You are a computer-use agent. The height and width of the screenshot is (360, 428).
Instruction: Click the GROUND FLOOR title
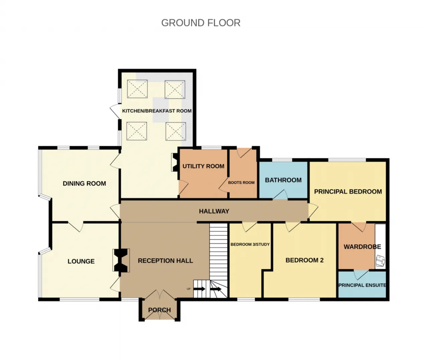tap(201, 23)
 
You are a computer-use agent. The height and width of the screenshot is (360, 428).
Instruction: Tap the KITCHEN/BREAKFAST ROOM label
tap(157, 111)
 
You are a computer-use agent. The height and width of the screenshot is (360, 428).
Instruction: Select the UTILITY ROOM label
tap(203, 166)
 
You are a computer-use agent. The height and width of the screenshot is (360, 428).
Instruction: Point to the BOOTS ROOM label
tap(241, 183)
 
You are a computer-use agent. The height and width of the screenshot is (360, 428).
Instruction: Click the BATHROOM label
tap(283, 180)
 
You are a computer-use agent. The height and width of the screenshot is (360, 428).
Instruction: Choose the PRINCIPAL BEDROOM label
tap(348, 192)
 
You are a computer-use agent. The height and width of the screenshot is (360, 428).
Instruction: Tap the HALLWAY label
tap(214, 211)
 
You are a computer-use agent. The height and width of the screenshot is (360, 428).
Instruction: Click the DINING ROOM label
tap(85, 183)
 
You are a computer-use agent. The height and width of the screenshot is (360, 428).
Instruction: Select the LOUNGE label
tap(81, 261)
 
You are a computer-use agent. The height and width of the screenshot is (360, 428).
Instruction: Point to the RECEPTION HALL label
tap(166, 261)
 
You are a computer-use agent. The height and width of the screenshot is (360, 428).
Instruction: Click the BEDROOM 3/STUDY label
tap(250, 244)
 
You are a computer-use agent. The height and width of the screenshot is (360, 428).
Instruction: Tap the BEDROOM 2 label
tap(304, 260)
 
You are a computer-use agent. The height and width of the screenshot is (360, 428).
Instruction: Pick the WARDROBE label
tap(362, 247)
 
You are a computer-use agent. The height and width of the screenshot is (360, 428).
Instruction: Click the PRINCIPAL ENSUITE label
tap(362, 285)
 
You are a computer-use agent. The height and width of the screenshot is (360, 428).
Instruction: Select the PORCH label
tap(159, 310)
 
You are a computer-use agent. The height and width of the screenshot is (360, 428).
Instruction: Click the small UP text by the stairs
tap(189, 289)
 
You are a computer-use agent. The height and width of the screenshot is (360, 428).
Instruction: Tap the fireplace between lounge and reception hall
tap(121, 261)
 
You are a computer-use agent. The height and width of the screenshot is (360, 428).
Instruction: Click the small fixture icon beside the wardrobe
tap(381, 261)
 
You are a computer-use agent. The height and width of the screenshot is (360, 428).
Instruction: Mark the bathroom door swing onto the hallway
tap(280, 194)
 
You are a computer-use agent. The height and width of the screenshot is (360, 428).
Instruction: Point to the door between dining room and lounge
tap(76, 227)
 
